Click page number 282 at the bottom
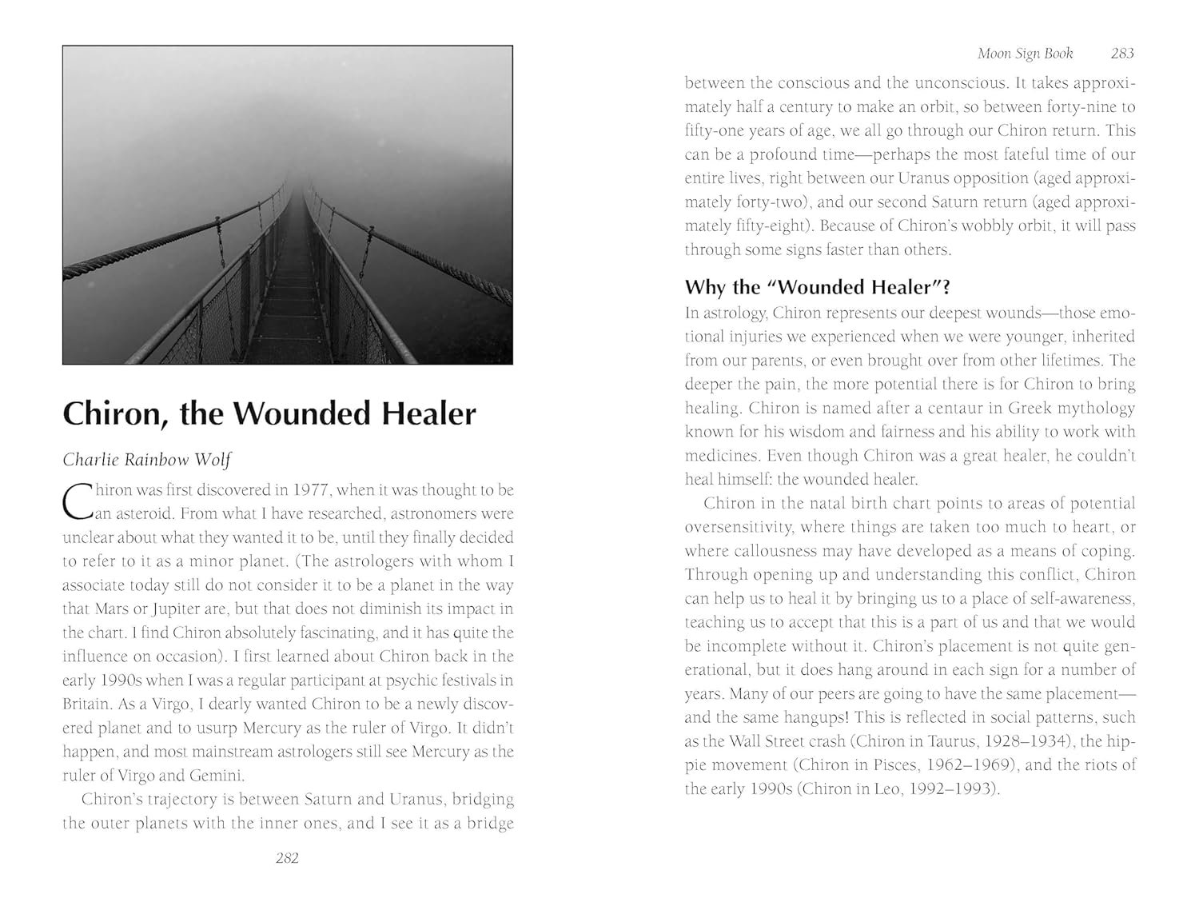[287, 858]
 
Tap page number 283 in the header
[1122, 54]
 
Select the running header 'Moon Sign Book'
[1026, 54]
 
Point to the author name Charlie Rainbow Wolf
[146, 460]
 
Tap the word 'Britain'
[87, 704]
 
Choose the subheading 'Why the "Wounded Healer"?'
[817, 287]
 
